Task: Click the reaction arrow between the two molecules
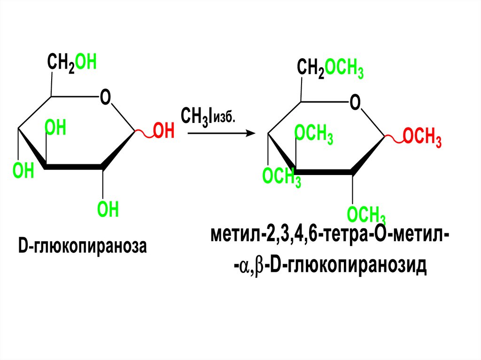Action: point(220,133)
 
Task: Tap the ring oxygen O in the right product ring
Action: point(355,102)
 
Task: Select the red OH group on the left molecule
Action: point(164,131)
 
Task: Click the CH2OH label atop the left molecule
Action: point(71,63)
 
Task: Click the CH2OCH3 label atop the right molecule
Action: point(330,69)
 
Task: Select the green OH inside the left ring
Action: point(55,128)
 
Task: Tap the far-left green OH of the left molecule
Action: point(23,171)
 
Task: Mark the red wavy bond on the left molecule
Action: point(145,135)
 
